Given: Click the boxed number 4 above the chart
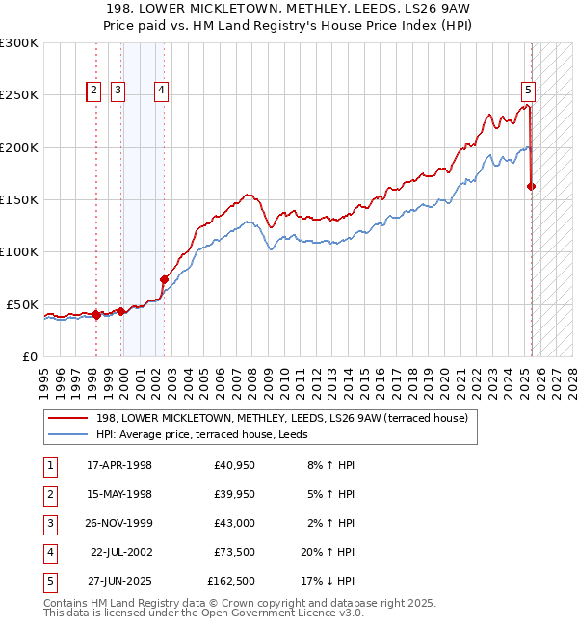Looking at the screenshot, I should (x=161, y=91).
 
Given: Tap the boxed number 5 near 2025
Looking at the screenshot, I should (x=529, y=91).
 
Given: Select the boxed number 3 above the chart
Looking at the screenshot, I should (x=118, y=91).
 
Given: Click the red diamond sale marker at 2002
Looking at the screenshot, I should (x=164, y=279).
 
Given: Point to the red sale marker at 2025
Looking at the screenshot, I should (x=532, y=186).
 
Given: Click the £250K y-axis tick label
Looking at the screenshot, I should (x=19, y=95).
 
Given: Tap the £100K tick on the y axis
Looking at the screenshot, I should (x=19, y=251).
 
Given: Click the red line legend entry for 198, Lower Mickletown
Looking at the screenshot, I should (x=281, y=418).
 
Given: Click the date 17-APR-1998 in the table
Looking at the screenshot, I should (x=119, y=466).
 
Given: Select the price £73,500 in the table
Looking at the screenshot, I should (x=234, y=553).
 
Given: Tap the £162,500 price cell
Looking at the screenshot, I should (x=231, y=582).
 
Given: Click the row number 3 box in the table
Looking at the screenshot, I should (x=49, y=524).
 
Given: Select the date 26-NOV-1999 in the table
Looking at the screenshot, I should (x=119, y=524).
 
